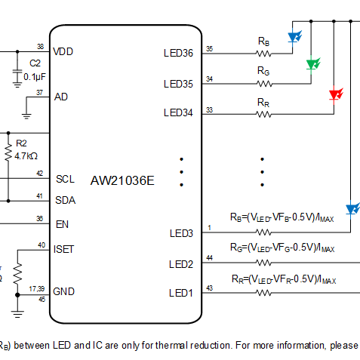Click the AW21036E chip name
(122, 180)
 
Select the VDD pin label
(63, 51)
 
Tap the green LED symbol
(313, 64)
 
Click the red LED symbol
(336, 95)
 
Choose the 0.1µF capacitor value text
(35, 77)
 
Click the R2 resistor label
(21, 143)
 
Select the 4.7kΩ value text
(26, 156)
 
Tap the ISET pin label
(63, 249)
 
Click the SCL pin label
(65, 179)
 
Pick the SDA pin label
(66, 200)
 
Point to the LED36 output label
(178, 53)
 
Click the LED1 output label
(181, 293)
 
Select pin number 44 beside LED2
(209, 258)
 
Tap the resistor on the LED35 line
(264, 84)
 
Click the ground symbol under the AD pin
(26, 116)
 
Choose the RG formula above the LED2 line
(282, 248)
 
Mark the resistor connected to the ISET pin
(17, 273)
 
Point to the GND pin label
(63, 291)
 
